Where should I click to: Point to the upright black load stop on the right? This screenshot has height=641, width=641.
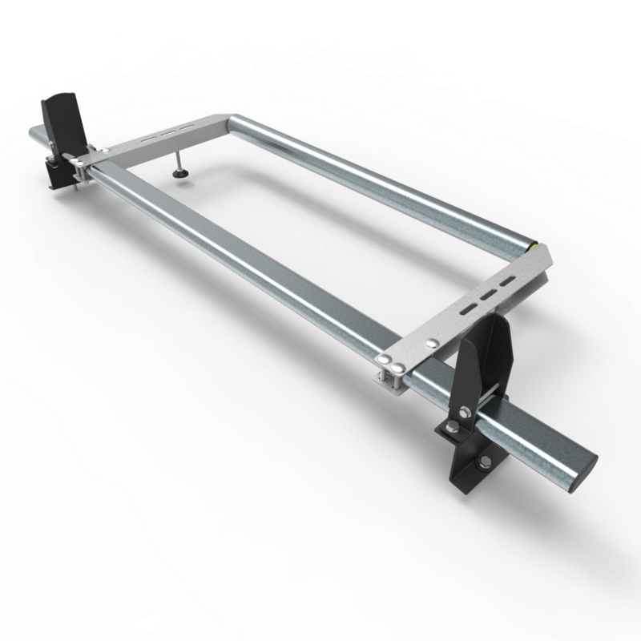486,361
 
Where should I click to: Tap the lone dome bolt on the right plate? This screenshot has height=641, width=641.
433,342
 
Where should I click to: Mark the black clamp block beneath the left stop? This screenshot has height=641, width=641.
58,171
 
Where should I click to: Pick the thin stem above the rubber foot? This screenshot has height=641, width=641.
179,159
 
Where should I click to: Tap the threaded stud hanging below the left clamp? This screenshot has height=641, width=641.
75,187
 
